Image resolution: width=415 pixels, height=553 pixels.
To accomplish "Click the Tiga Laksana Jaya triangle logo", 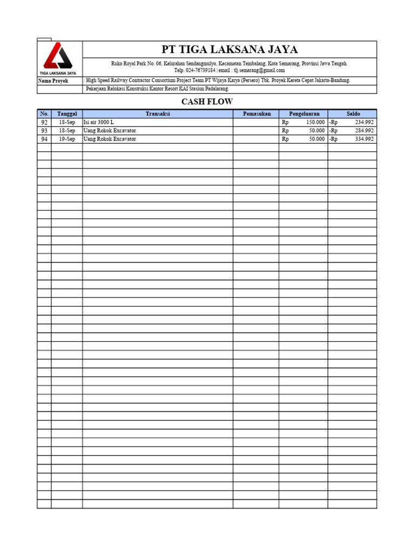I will pyautogui.click(x=58, y=57).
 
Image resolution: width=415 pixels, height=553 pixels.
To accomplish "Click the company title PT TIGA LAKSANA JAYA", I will pyautogui.click(x=230, y=50).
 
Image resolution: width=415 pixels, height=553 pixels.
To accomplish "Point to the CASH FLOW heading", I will pyautogui.click(x=207, y=102).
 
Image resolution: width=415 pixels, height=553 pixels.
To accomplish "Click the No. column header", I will pyautogui.click(x=44, y=114).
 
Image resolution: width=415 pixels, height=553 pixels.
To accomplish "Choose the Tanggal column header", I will pyautogui.click(x=67, y=114).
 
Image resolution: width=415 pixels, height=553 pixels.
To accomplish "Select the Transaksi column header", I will pyautogui.click(x=158, y=114).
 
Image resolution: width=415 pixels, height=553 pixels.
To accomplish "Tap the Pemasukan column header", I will pyautogui.click(x=256, y=114).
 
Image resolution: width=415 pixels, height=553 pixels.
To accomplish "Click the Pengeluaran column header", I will pyautogui.click(x=304, y=114).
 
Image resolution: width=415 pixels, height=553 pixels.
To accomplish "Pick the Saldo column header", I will pyautogui.click(x=353, y=114).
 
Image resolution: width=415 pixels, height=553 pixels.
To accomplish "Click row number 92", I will pyautogui.click(x=44, y=123).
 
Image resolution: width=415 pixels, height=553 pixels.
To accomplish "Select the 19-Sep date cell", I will pyautogui.click(x=67, y=139).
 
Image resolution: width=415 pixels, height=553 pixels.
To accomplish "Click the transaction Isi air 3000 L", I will pyautogui.click(x=98, y=123).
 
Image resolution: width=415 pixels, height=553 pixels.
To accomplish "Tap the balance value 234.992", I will pyautogui.click(x=364, y=123).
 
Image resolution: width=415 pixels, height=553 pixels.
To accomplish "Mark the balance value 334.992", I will pyautogui.click(x=364, y=139).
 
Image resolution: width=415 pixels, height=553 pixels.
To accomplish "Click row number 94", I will pyautogui.click(x=44, y=139).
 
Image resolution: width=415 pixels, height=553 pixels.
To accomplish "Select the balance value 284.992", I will pyautogui.click(x=364, y=131).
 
